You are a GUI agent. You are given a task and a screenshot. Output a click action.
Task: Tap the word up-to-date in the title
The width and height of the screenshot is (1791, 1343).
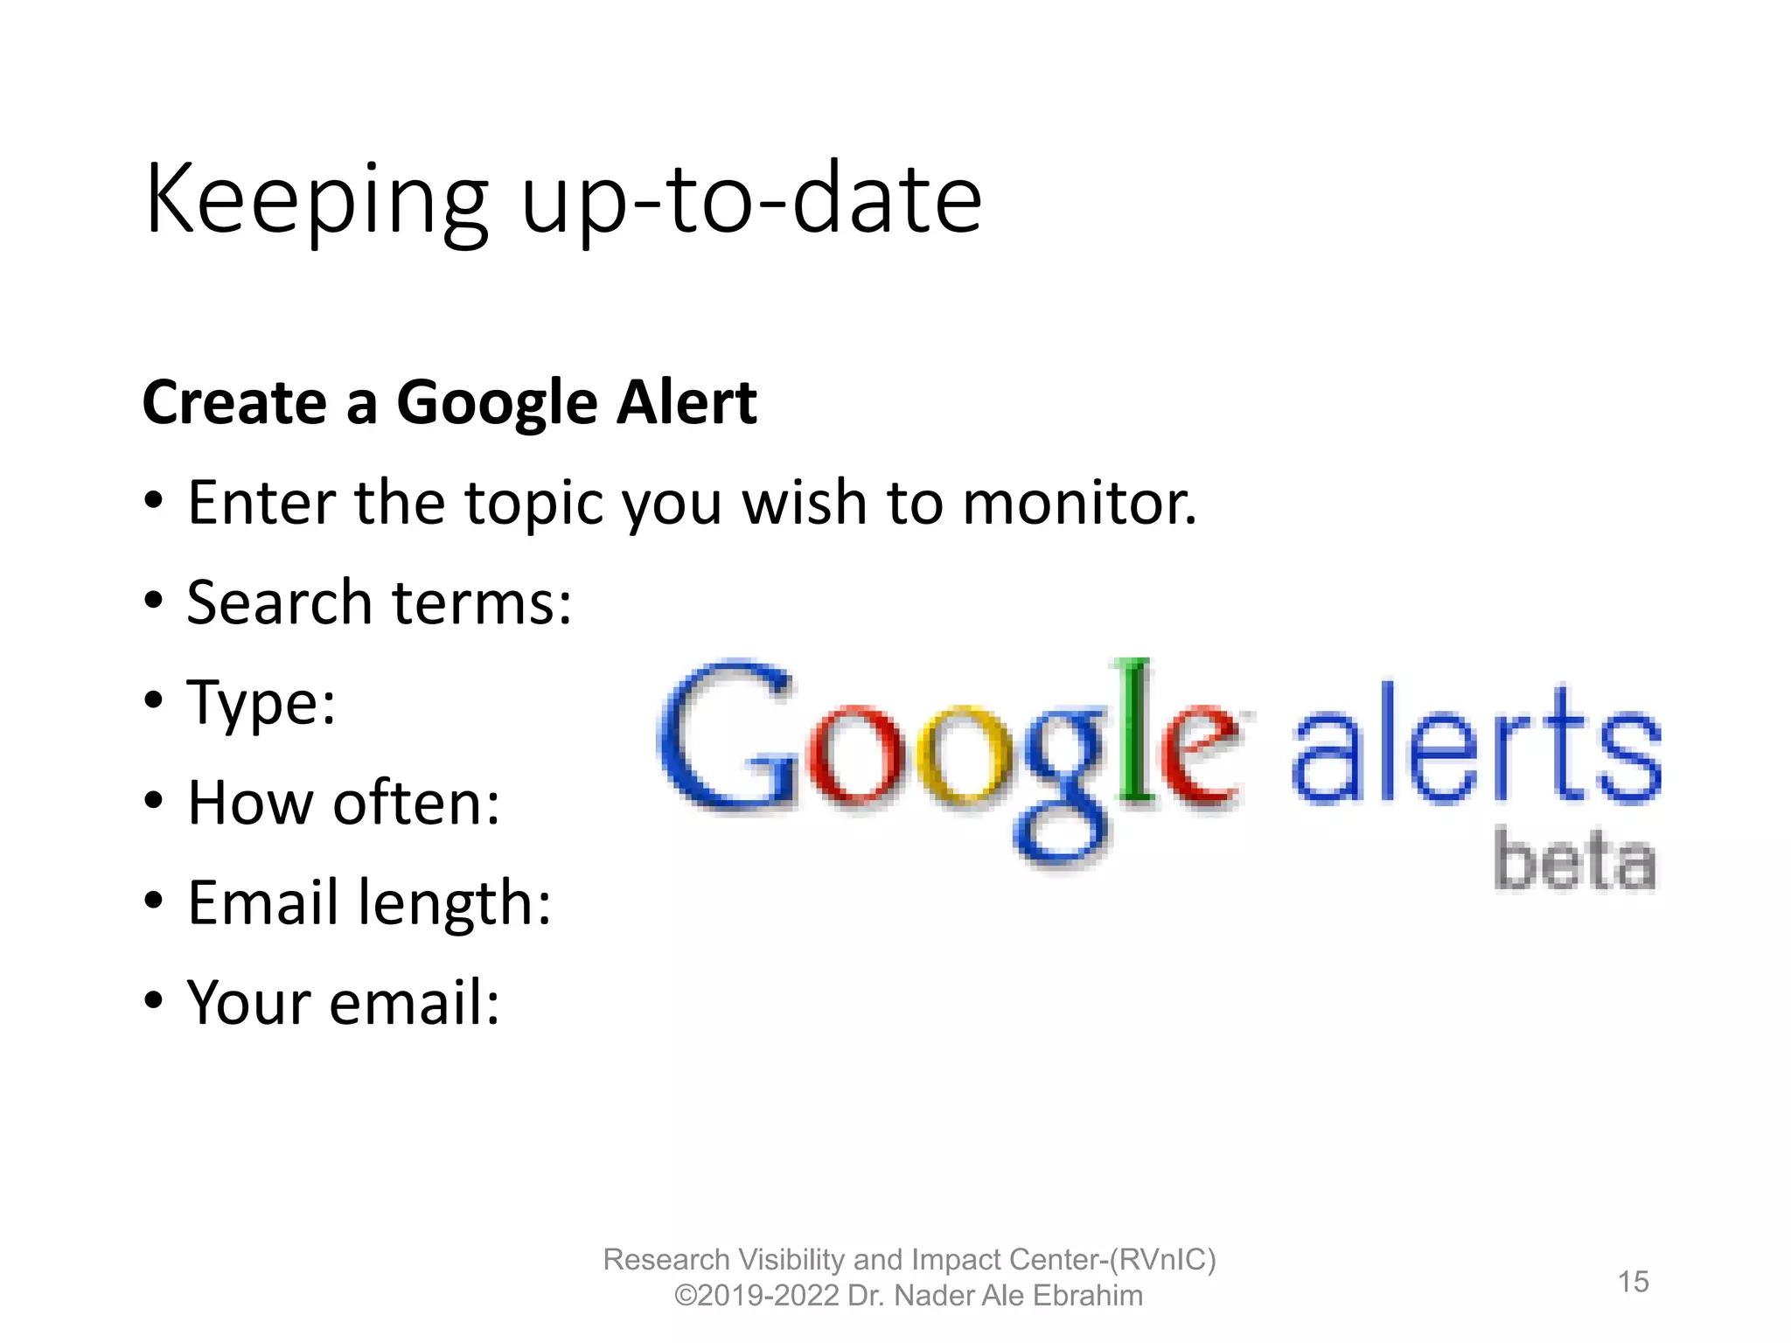pos(751,200)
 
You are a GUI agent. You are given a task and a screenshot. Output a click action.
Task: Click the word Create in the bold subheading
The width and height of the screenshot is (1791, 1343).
pos(235,403)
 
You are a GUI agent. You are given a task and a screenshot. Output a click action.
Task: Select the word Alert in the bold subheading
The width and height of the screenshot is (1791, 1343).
pos(686,403)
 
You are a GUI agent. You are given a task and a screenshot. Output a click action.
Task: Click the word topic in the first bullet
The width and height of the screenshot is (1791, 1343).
pos(533,505)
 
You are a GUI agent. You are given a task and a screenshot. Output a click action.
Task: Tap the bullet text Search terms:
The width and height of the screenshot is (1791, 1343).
pos(380,603)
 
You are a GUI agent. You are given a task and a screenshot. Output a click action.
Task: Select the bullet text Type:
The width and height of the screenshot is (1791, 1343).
pos(261,704)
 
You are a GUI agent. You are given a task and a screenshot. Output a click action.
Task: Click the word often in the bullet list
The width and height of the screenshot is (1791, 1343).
pos(416,803)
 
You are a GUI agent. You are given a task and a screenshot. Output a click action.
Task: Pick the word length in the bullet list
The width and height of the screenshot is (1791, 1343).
pos(455,904)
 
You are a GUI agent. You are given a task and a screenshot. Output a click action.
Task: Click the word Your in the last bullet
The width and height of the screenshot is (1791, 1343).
pos(248,1002)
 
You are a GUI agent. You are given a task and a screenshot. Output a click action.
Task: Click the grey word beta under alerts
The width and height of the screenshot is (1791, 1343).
pos(1574,860)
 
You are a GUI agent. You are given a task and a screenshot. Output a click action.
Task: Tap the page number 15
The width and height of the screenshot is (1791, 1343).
pos(1633,1282)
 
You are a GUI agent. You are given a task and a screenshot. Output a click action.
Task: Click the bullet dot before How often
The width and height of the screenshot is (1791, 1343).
pos(155,801)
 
